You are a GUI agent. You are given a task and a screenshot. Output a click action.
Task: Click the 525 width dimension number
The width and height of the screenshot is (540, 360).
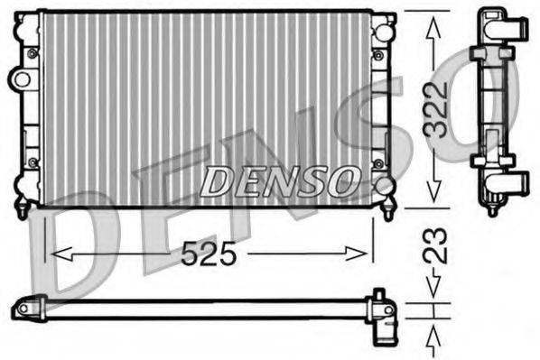coord(209,256)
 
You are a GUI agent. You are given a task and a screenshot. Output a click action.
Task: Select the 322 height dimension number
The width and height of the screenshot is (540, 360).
coord(437,109)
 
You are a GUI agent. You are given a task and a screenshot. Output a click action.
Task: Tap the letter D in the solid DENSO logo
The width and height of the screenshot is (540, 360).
coord(215,181)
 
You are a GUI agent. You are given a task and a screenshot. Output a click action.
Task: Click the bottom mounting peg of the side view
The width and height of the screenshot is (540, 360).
coord(492,209)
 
